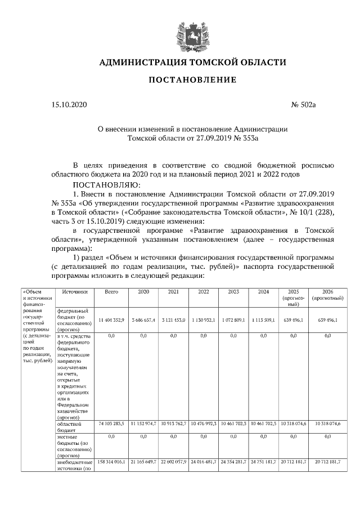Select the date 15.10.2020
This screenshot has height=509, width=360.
click(x=69, y=105)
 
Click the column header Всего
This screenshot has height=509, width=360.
click(x=111, y=292)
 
